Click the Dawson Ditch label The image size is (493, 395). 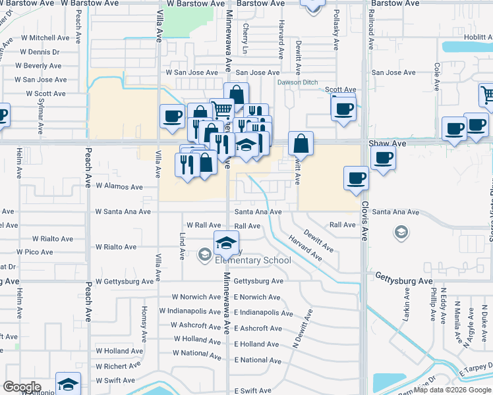(x=297, y=82)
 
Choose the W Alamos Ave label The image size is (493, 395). (x=119, y=187)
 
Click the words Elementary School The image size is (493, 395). (x=253, y=260)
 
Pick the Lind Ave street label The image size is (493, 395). (x=183, y=245)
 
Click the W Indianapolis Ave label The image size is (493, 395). (x=190, y=310)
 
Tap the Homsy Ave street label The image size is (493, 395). (x=144, y=327)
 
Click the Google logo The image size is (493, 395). (x=22, y=387)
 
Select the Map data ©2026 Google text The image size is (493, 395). (x=452, y=390)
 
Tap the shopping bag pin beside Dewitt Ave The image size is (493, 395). (x=301, y=142)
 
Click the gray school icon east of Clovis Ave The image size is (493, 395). (x=400, y=232)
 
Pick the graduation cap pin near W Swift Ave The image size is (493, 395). (x=68, y=384)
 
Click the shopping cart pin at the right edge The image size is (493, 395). (x=487, y=95)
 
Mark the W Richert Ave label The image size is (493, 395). (x=119, y=365)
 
